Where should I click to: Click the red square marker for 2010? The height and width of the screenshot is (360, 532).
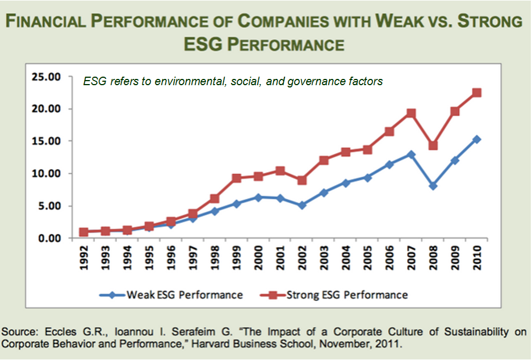(477, 93)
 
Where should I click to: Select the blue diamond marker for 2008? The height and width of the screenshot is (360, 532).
(433, 186)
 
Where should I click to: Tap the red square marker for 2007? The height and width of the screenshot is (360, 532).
(411, 114)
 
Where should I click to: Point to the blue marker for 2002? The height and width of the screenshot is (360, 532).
(302, 205)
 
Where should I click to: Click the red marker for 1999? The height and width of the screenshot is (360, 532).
(237, 178)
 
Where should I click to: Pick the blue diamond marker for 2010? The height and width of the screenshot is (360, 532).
(477, 139)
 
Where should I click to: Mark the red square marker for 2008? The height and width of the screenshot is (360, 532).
(433, 145)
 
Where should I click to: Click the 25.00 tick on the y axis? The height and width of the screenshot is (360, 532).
(47, 77)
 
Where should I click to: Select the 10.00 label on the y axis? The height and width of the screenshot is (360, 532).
(47, 174)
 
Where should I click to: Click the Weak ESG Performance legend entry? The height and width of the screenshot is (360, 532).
(171, 295)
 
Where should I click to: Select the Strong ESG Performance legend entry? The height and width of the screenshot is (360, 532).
(334, 295)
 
